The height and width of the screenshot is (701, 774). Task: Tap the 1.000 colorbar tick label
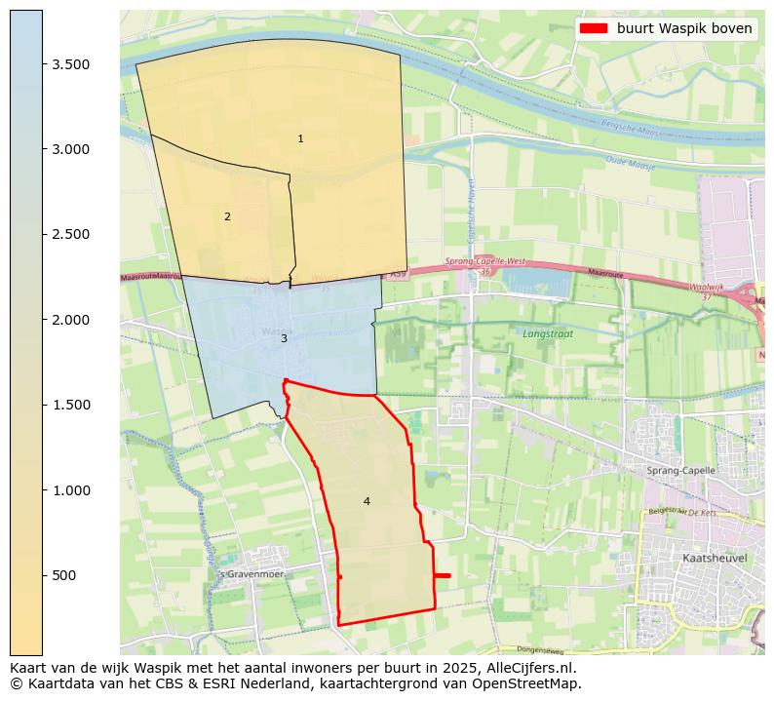tap(71, 490)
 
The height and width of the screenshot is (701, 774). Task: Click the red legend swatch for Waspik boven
tap(593, 28)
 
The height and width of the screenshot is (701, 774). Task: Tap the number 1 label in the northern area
tap(300, 138)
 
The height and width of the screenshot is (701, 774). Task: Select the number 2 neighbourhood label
tap(227, 216)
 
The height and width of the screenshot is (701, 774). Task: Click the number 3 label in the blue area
tap(284, 338)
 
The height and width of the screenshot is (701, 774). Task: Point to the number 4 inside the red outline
tap(367, 501)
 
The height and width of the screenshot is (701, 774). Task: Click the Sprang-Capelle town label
tap(680, 470)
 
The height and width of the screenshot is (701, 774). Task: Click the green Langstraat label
tap(548, 333)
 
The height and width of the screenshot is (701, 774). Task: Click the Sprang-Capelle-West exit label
tap(484, 261)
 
